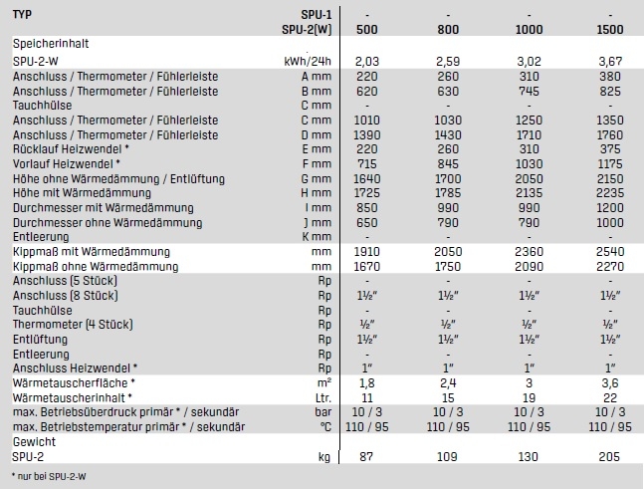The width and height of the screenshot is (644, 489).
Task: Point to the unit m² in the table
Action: point(323,383)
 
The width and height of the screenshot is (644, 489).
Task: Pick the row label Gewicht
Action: point(34,441)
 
